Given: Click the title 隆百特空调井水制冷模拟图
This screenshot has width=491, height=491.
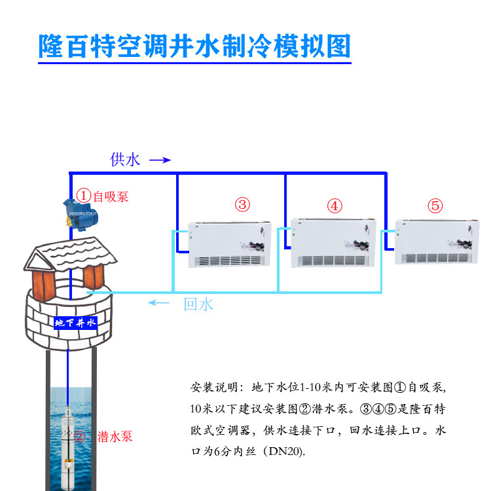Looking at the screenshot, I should [195, 46].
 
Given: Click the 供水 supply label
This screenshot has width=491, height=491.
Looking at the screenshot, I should [125, 160].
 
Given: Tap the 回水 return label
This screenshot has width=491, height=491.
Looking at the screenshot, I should [198, 304].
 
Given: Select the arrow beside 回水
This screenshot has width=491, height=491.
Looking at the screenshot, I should [160, 302].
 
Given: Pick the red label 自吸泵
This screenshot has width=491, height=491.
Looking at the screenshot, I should [111, 196].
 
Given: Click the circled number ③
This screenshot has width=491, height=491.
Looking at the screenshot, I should [243, 205].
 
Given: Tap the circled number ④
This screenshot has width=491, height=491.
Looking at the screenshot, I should [335, 206].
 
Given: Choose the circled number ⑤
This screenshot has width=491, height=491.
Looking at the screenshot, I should [435, 206].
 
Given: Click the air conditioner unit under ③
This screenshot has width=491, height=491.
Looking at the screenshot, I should [229, 244].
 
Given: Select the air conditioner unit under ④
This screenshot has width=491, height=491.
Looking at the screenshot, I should [331, 244].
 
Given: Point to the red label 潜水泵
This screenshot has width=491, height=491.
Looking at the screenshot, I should [115, 435].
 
